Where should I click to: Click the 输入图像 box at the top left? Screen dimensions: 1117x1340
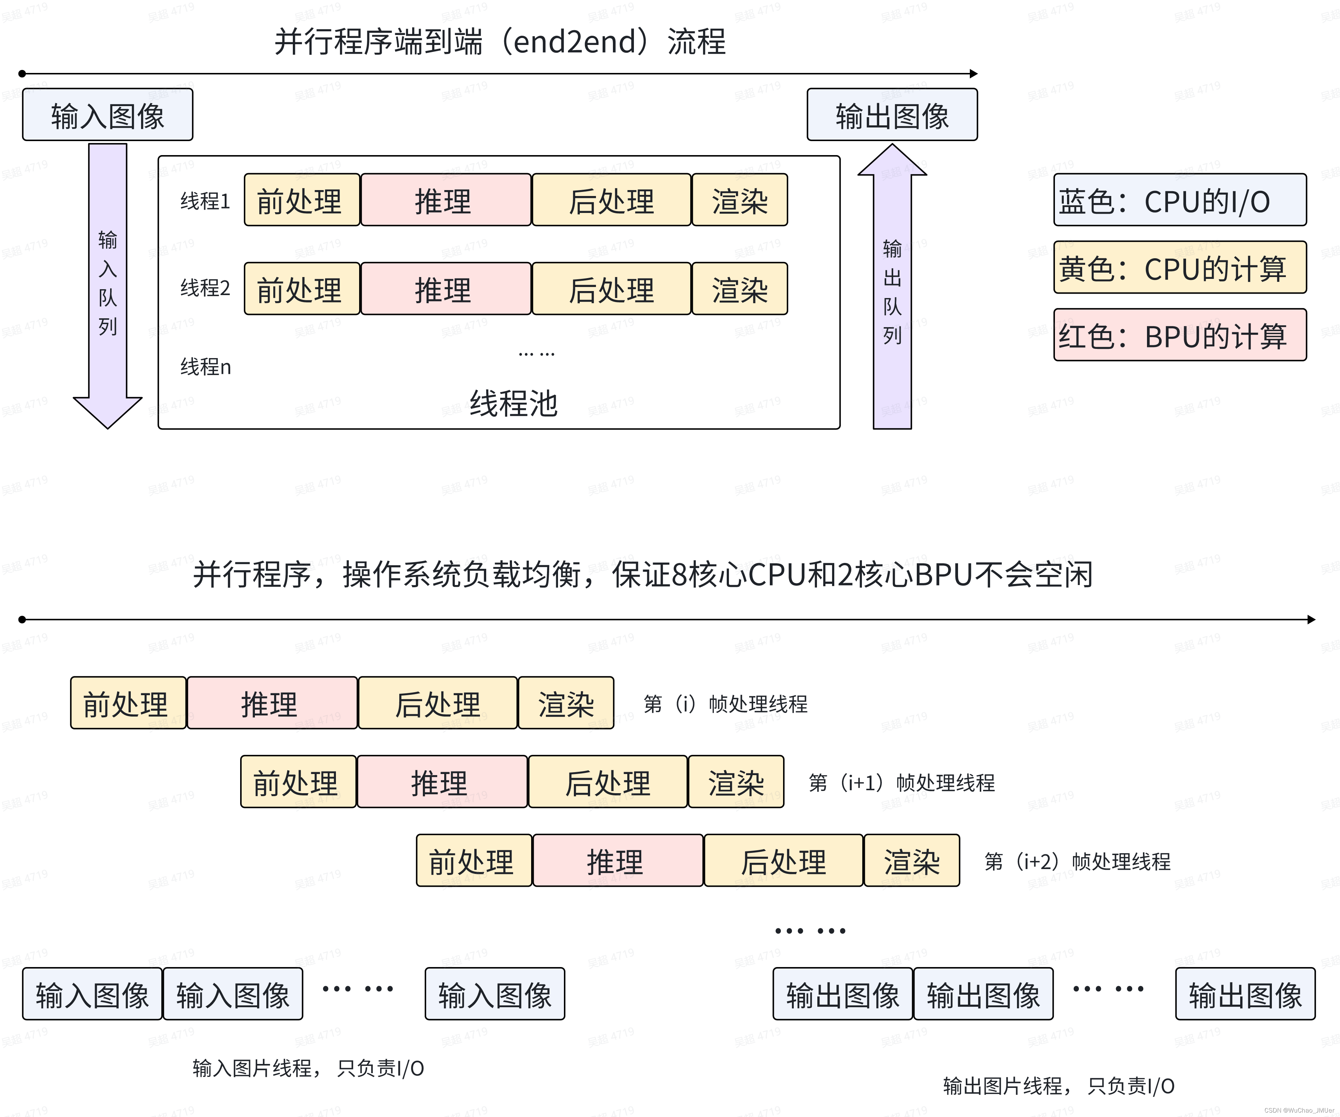(107, 115)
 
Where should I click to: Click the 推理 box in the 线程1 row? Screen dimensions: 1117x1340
(445, 200)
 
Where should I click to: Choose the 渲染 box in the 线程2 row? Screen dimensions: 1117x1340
(740, 289)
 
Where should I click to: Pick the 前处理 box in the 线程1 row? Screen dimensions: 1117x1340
(302, 200)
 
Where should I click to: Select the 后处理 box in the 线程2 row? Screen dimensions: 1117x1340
(611, 289)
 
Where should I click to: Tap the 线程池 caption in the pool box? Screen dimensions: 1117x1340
(514, 403)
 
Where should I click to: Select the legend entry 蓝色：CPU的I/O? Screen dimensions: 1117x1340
(1179, 200)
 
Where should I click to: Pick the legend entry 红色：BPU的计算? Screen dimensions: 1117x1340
(1179, 336)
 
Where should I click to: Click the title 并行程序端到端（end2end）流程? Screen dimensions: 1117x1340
(499, 42)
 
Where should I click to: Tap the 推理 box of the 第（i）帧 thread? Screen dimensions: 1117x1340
(272, 703)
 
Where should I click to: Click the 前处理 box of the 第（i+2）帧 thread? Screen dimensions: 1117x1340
(473, 861)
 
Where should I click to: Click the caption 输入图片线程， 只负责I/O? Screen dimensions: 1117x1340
(308, 1068)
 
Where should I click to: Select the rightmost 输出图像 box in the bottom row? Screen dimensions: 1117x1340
(1245, 994)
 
